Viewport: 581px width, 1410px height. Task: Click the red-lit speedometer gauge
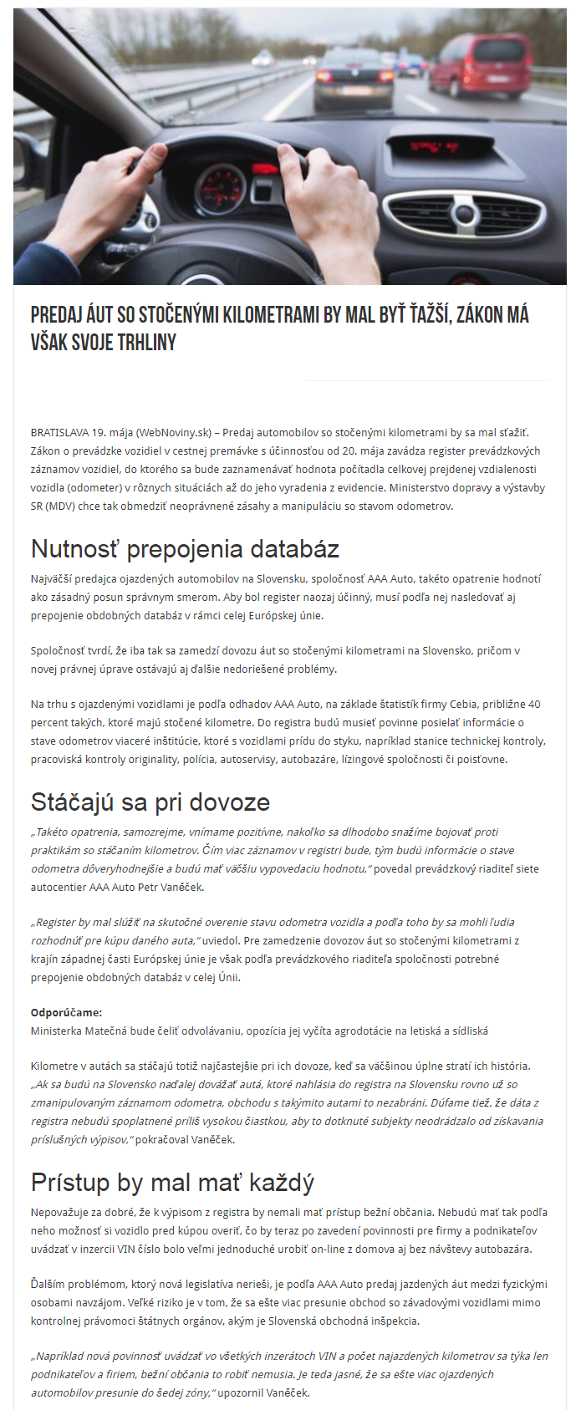tap(222, 185)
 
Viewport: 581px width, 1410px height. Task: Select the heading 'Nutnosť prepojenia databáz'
tap(185, 549)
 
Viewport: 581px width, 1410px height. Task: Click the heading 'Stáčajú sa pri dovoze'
tap(150, 802)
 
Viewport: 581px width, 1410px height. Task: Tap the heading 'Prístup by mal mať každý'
tap(172, 1183)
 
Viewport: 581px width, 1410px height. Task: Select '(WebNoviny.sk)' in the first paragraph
tap(174, 433)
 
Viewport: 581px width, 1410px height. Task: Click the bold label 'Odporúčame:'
tap(66, 1013)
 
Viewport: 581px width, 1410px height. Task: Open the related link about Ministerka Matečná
tap(259, 1031)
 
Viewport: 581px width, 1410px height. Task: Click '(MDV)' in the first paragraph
tap(59, 506)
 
